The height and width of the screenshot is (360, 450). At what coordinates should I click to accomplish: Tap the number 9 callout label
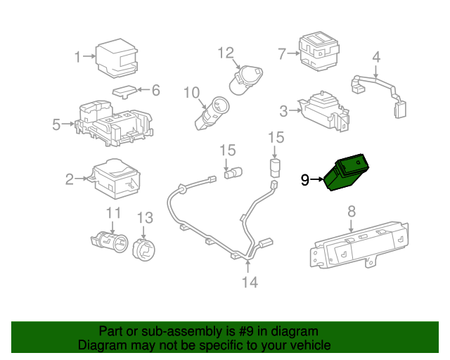tap(304, 181)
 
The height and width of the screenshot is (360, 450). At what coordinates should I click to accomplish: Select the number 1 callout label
tap(79, 56)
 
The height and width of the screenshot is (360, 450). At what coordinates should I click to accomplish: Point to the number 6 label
tap(155, 90)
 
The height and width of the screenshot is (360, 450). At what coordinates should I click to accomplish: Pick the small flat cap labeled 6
tap(125, 91)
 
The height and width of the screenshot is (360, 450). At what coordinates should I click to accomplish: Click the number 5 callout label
tap(56, 125)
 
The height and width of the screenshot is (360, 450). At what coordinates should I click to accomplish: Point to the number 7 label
tap(282, 53)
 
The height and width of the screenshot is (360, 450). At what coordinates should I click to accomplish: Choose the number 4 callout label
tap(376, 56)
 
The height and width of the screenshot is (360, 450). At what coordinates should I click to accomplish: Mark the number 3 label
tap(283, 110)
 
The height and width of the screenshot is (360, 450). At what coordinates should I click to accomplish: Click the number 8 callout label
tap(352, 210)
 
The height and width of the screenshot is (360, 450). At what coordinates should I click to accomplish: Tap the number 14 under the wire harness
tap(250, 283)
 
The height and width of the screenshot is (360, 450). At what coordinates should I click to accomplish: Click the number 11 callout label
tap(114, 213)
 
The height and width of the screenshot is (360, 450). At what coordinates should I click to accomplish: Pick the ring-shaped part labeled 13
tap(144, 246)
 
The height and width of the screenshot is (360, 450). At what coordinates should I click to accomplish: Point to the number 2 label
tap(70, 180)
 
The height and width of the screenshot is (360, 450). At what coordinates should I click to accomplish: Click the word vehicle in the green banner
tap(308, 345)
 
